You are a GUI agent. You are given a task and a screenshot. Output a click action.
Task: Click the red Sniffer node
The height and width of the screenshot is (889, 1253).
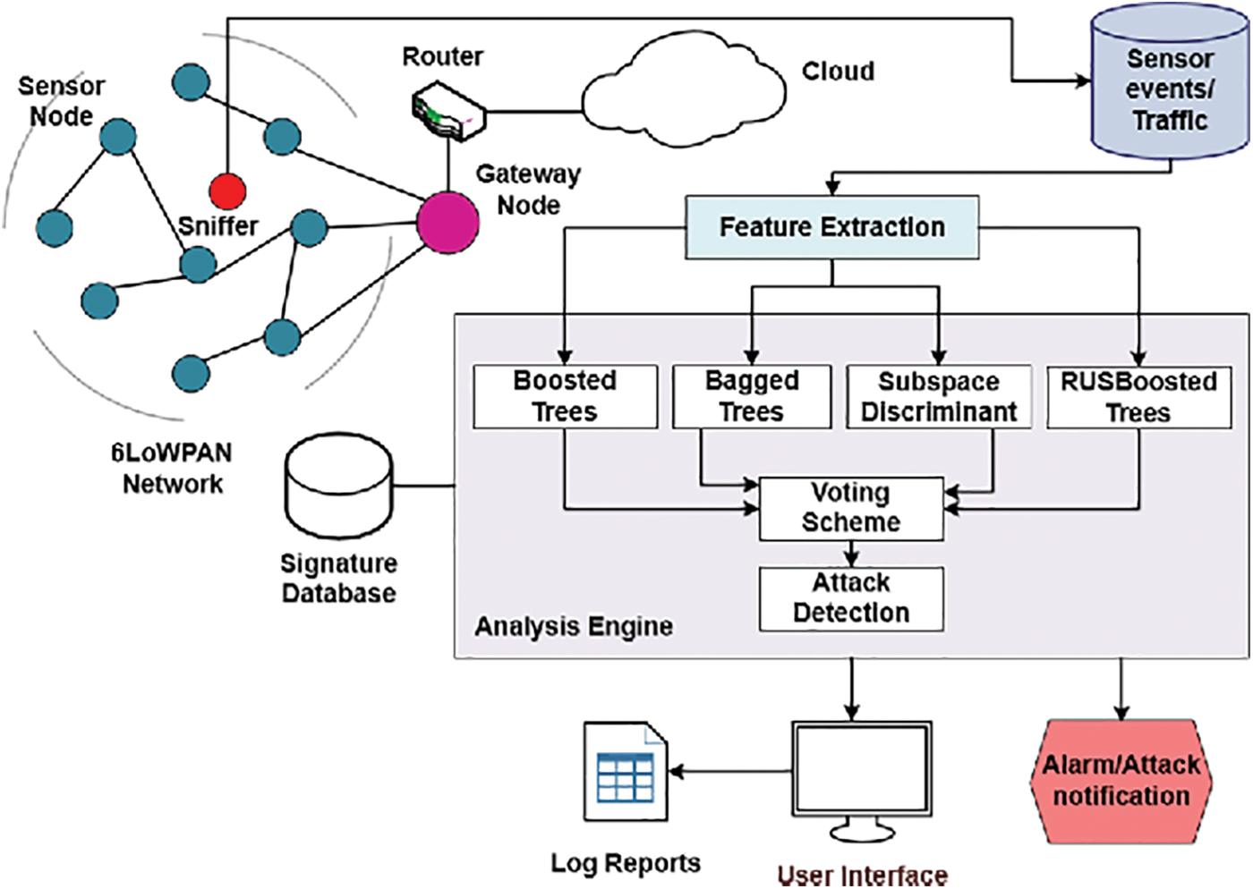pyautogui.click(x=227, y=191)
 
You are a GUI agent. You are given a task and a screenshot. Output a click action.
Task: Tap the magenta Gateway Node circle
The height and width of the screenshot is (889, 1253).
pyautogui.click(x=447, y=223)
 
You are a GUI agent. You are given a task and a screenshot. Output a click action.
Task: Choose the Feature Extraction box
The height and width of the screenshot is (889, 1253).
pyautogui.click(x=831, y=228)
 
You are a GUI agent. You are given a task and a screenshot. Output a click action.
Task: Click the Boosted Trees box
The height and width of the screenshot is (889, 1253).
pyautogui.click(x=565, y=396)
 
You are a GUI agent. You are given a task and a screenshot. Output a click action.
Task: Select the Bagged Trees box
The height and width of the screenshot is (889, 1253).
pyautogui.click(x=752, y=396)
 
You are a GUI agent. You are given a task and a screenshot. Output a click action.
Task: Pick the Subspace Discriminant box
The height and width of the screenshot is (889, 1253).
pyautogui.click(x=939, y=396)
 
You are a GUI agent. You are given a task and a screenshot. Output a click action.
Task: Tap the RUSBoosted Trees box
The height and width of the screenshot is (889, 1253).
pyautogui.click(x=1138, y=396)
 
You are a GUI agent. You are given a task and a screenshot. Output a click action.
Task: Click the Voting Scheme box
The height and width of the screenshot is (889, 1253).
pyautogui.click(x=851, y=508)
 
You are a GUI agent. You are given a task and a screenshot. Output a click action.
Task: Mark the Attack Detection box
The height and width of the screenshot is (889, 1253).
pyautogui.click(x=851, y=598)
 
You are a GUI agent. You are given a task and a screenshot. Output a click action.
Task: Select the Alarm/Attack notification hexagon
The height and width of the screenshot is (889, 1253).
pyautogui.click(x=1121, y=781)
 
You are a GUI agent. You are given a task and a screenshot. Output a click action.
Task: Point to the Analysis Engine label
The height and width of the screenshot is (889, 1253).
pyautogui.click(x=574, y=626)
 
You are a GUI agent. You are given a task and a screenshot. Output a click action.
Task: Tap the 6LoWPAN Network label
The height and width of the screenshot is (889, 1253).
pyautogui.click(x=172, y=468)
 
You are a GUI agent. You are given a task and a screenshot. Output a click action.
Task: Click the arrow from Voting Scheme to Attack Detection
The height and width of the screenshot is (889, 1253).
pyautogui.click(x=851, y=554)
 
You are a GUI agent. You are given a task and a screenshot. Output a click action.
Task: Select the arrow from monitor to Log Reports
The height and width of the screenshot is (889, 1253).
pyautogui.click(x=729, y=772)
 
